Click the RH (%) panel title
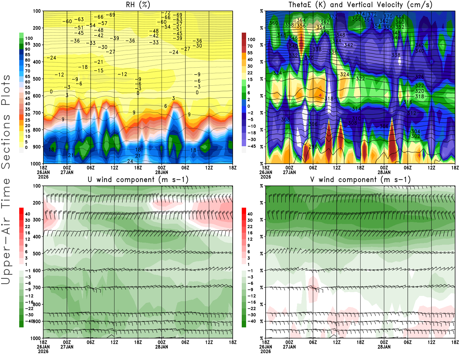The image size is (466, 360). click(x=138, y=5)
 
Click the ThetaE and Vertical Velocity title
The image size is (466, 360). click(x=360, y=5)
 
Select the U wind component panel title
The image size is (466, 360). click(x=138, y=179)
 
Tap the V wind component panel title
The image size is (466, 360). click(x=360, y=179)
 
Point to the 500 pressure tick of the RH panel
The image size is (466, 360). click(x=37, y=79)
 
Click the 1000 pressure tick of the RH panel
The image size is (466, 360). click(x=36, y=164)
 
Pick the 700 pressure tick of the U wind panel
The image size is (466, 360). click(x=37, y=287)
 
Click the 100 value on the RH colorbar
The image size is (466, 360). click(x=29, y=38)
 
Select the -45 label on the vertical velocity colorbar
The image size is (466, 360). click(x=251, y=146)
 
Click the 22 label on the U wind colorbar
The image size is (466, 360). click(x=28, y=227)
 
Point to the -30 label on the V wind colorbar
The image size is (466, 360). click(x=251, y=315)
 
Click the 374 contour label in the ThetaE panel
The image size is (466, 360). click(x=360, y=14)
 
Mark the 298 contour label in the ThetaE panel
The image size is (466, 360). click(x=313, y=147)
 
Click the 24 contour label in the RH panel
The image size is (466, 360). click(x=130, y=161)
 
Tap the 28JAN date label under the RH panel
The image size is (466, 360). click(x=162, y=172)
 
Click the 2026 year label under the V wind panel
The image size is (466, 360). click(x=266, y=351)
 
